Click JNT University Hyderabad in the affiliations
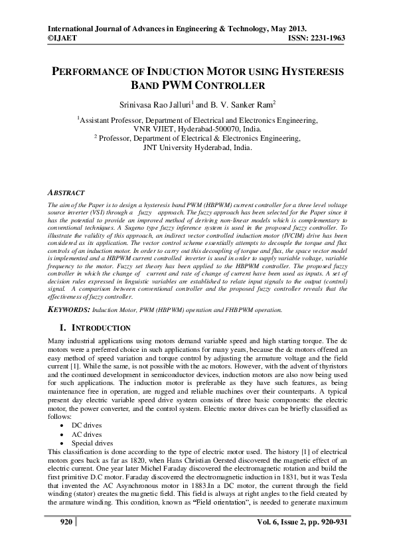pyautogui.click(x=197, y=148)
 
